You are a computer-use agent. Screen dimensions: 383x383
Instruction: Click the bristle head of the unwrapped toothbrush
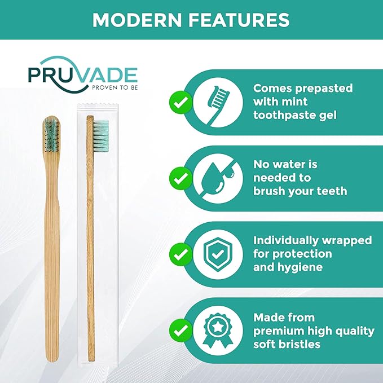pos(52,135)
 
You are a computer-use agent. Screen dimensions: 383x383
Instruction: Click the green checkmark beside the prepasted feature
pos(180,103)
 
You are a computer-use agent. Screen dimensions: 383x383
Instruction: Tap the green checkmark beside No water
pos(180,179)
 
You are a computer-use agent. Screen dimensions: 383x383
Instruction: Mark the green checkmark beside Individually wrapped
pos(180,254)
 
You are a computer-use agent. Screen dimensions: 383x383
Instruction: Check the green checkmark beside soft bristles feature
pos(180,331)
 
